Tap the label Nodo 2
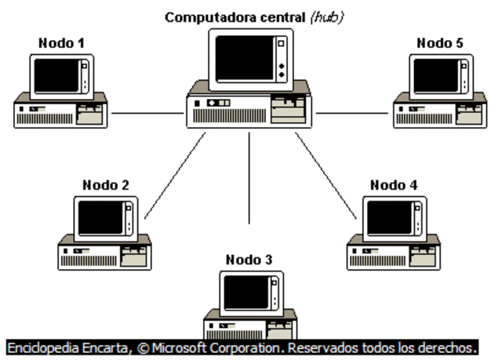pyautogui.click(x=105, y=185)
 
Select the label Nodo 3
pyautogui.click(x=249, y=260)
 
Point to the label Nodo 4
pyautogui.click(x=394, y=185)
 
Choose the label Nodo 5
pyautogui.click(x=440, y=44)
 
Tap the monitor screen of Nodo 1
pyautogui.click(x=57, y=76)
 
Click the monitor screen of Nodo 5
pyautogui.click(x=436, y=76)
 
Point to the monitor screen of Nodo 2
pyautogui.click(x=100, y=217)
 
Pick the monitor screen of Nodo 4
pyautogui.click(x=390, y=217)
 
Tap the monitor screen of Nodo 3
pyautogui.click(x=246, y=292)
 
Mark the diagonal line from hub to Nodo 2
pyautogui.click(x=174, y=175)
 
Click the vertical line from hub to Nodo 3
pyautogui.click(x=249, y=176)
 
